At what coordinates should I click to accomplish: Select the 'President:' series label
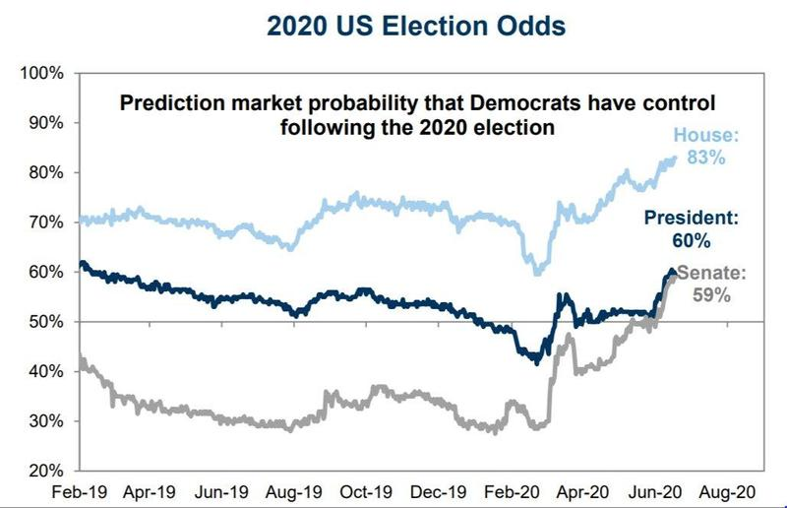692,218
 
